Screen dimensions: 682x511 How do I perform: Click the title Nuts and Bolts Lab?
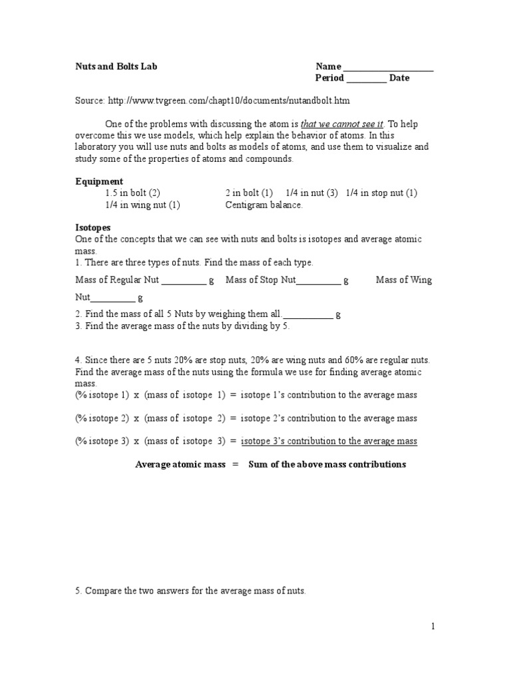pos(116,67)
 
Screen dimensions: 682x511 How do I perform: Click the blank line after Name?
pos(388,68)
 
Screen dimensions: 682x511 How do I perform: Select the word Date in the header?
pos(399,78)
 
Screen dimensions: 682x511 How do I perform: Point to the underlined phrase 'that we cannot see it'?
pos(342,124)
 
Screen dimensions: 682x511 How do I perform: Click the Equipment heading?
pos(99,181)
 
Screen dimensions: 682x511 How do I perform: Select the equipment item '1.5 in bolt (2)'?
pos(132,193)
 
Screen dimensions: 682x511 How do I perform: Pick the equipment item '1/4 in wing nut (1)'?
pos(142,205)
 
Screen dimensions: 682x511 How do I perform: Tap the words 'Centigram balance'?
pos(264,205)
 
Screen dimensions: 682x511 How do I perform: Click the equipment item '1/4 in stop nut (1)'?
pos(381,193)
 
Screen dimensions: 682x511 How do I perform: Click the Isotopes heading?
pos(92,228)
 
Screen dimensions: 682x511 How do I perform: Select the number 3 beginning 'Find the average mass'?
pos(78,326)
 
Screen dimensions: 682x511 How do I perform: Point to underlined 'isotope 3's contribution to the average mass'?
pos(329,441)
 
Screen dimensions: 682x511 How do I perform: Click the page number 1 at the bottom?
pos(432,626)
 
